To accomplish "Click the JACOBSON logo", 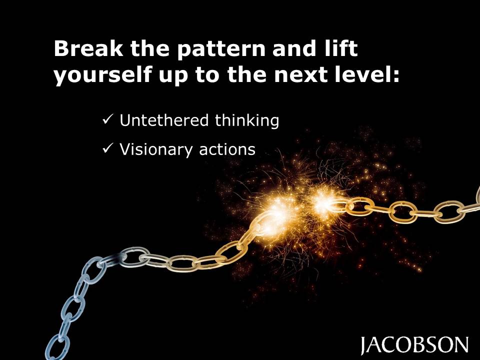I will tap(414, 345).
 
